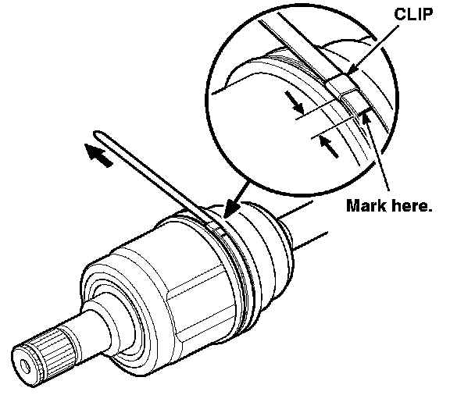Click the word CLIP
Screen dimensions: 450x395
click(x=413, y=14)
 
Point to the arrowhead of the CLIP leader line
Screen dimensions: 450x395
click(x=352, y=71)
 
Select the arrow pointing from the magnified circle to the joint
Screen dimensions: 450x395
click(x=236, y=200)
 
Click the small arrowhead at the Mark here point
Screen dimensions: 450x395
click(x=365, y=118)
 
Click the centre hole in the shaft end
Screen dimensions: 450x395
click(x=25, y=367)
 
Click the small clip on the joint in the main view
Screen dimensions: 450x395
click(x=214, y=225)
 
